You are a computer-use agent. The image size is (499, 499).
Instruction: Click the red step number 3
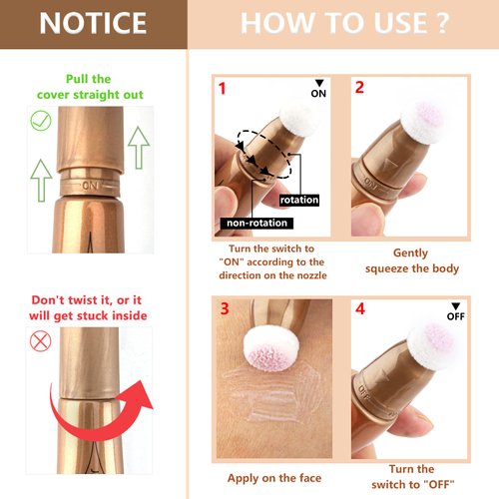point(225,308)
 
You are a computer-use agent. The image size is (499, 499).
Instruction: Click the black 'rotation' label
point(299,200)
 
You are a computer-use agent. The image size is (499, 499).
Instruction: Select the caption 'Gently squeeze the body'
point(410,260)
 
